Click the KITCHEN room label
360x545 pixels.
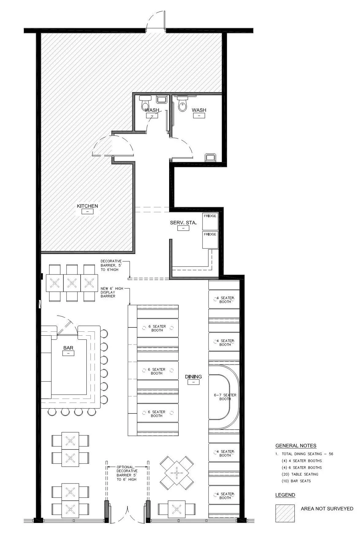[x=87, y=206]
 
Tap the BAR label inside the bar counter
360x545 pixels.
[x=68, y=348]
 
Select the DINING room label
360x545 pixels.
[x=193, y=376]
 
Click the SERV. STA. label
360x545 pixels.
[x=183, y=222]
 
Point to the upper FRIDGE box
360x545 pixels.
[x=210, y=221]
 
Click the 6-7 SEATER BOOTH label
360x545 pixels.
[x=225, y=397]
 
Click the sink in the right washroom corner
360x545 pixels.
[x=210, y=157]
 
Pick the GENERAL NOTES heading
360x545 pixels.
[x=296, y=446]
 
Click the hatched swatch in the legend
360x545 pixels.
[x=285, y=513]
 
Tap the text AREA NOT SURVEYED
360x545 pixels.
[x=327, y=509]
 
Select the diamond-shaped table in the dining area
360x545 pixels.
[x=176, y=473]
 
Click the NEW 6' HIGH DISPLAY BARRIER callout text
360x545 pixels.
[x=108, y=292]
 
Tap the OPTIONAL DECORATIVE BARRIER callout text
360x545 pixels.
[x=127, y=473]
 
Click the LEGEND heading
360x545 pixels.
[x=285, y=495]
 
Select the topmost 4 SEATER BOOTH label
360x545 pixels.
[x=225, y=300]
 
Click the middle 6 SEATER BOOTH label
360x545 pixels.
[x=157, y=371]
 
